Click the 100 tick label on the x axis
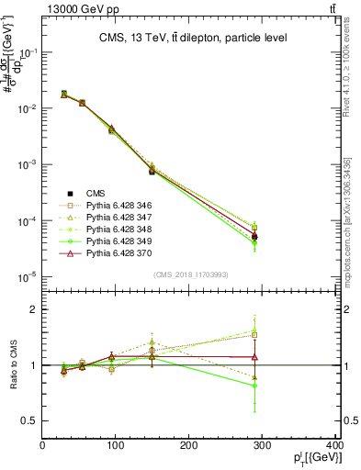pyautogui.click(x=116, y=447)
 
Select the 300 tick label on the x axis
pyautogui.click(x=263, y=447)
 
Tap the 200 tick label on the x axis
pyautogui.click(x=189, y=447)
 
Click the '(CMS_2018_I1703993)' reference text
pyautogui.click(x=189, y=274)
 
